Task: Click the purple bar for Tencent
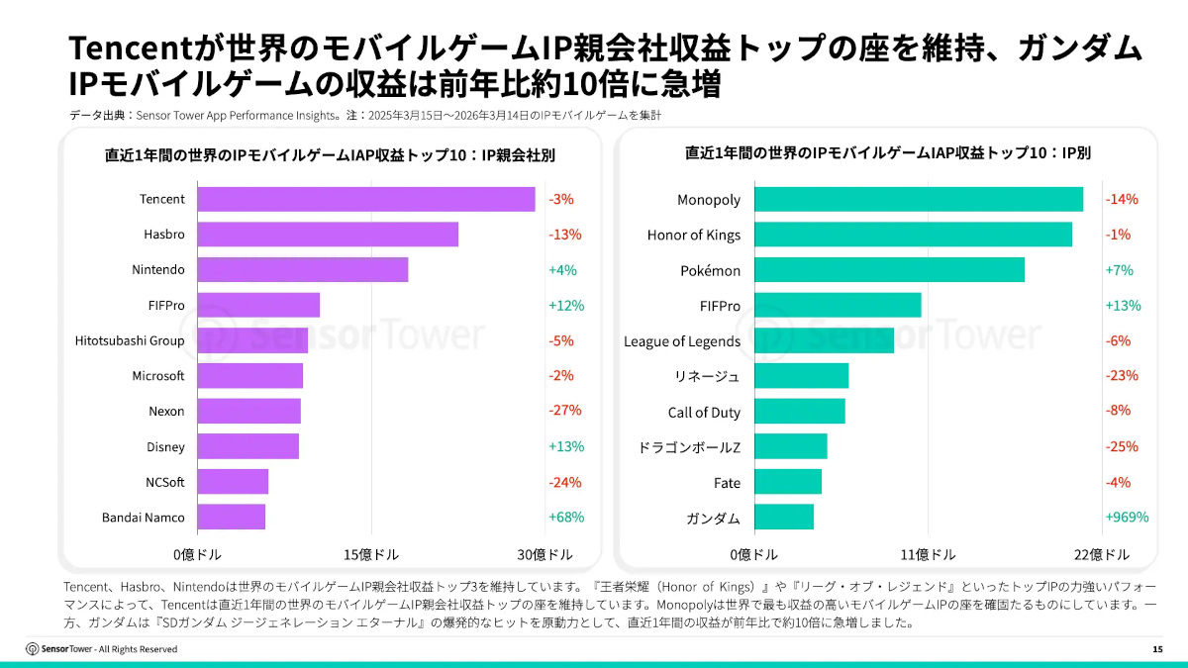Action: pyautogui.click(x=366, y=199)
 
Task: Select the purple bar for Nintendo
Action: pyautogui.click(x=303, y=269)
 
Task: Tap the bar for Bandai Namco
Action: pyautogui.click(x=232, y=517)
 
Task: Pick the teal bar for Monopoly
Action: pyautogui.click(x=919, y=199)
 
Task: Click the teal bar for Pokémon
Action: pyautogui.click(x=889, y=270)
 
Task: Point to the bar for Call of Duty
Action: pyautogui.click(x=800, y=412)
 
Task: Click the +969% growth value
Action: pyautogui.click(x=1127, y=517)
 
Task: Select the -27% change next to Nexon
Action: pyautogui.click(x=565, y=411)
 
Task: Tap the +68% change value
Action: pyautogui.click(x=566, y=517)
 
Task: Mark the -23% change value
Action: pyautogui.click(x=1122, y=376)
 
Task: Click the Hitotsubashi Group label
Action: pyautogui.click(x=130, y=340)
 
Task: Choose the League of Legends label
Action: pyautogui.click(x=682, y=341)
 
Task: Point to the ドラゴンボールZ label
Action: pyautogui.click(x=689, y=447)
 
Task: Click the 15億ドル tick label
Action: pyautogui.click(x=371, y=554)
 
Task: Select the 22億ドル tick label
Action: pyautogui.click(x=1101, y=554)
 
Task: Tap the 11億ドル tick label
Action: pyautogui.click(x=928, y=554)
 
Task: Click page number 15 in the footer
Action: pyautogui.click(x=1157, y=649)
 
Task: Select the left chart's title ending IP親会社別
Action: pyautogui.click(x=330, y=155)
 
